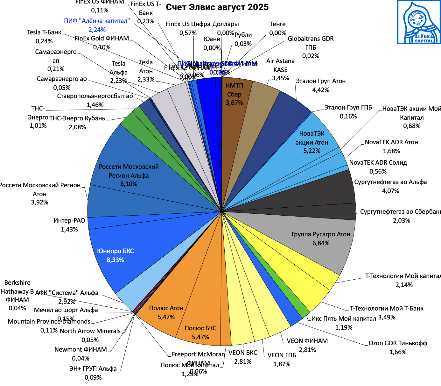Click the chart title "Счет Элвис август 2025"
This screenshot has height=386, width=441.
pos(217,7)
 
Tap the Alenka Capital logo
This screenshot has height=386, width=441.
pos(419,22)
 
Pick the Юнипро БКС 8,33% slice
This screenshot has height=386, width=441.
pos(115,255)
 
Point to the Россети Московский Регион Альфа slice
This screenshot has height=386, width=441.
pos(129,175)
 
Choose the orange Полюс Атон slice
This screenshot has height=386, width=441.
pos(166,312)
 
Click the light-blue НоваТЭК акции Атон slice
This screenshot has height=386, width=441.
pos(311,142)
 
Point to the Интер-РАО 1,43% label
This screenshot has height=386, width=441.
pos(69,225)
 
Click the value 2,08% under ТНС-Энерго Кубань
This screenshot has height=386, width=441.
pos(77,127)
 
